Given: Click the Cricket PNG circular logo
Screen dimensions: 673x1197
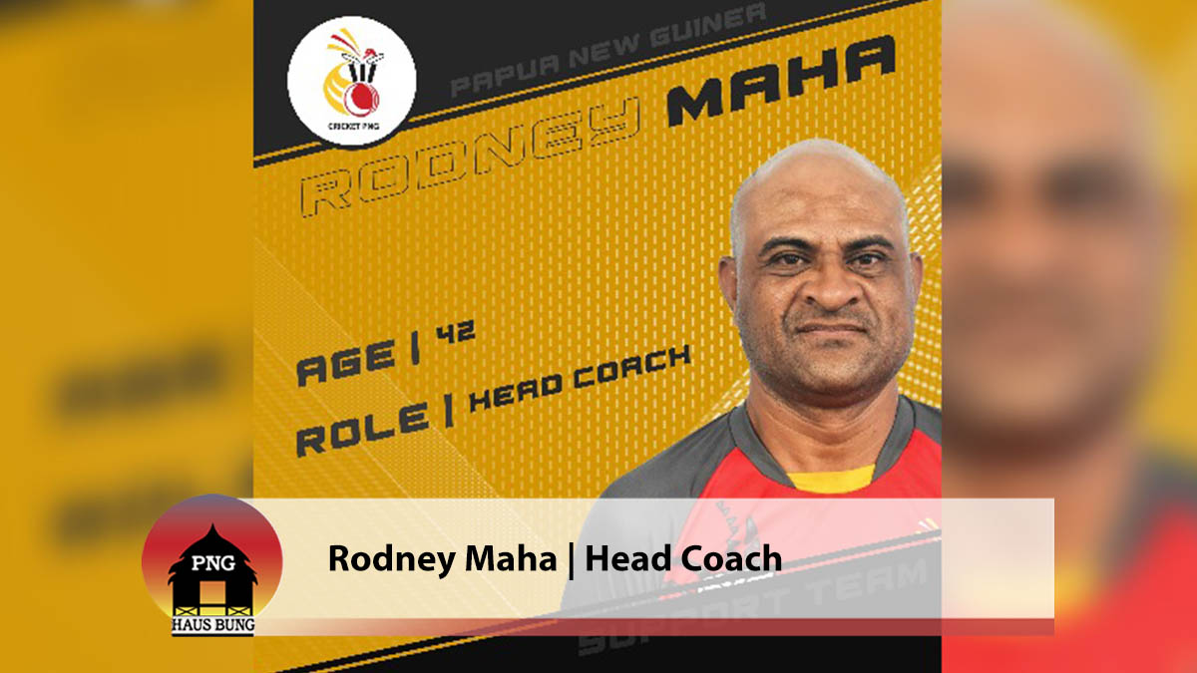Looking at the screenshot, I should click(351, 84).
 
